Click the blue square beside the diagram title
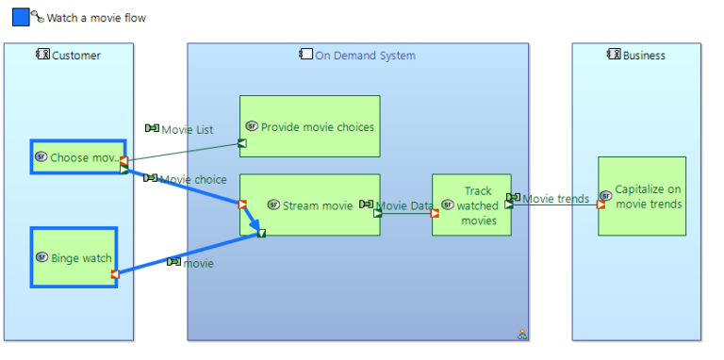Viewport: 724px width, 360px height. pyautogui.click(x=21, y=17)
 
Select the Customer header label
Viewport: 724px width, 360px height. pyautogui.click(x=75, y=56)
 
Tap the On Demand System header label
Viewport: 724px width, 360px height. pyautogui.click(x=364, y=56)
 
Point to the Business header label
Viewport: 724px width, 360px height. pyautogui.click(x=644, y=56)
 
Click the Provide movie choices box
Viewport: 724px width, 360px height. pyautogui.click(x=310, y=126)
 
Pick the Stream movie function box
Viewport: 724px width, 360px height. pyautogui.click(x=310, y=205)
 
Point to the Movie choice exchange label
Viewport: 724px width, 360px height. pyautogui.click(x=192, y=179)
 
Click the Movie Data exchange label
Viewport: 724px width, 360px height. pyautogui.click(x=404, y=205)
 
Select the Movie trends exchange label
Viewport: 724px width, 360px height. pyautogui.click(x=555, y=199)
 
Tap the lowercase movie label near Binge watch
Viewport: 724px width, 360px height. pyautogui.click(x=198, y=263)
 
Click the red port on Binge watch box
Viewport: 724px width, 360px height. pyautogui.click(x=115, y=274)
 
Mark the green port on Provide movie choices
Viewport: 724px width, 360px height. pyautogui.click(x=242, y=143)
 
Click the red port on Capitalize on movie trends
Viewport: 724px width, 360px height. pyautogui.click(x=601, y=205)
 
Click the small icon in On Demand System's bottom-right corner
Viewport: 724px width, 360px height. pyautogui.click(x=521, y=333)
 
